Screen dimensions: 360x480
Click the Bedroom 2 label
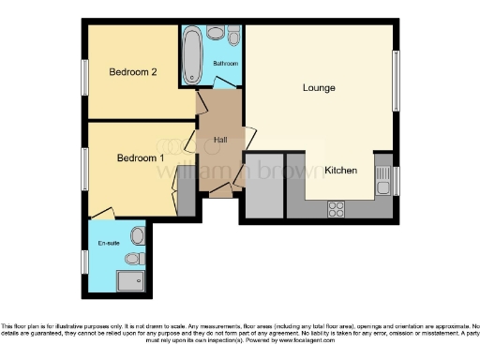click(131, 72)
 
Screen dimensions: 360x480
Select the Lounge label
click(319, 88)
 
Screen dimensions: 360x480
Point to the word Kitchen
click(341, 171)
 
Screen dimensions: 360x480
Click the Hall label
click(219, 140)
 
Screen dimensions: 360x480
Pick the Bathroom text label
click(225, 63)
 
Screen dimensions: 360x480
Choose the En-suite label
click(110, 243)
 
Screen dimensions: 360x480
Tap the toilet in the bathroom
click(215, 35)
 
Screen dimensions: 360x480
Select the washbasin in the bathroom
click(233, 36)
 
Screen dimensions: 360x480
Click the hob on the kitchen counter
click(336, 209)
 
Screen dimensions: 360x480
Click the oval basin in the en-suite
click(138, 233)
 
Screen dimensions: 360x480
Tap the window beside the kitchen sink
click(397, 179)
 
